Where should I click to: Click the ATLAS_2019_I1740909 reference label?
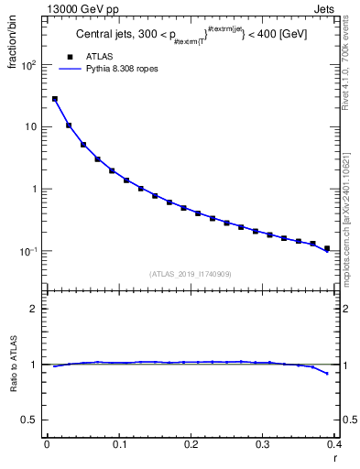(x=190, y=273)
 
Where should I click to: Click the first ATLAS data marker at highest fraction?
(x=55, y=99)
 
